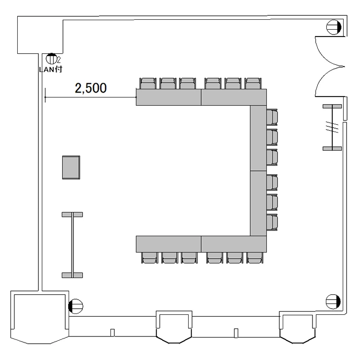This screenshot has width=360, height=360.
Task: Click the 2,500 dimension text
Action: (91, 88)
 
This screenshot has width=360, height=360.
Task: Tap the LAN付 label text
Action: (50, 69)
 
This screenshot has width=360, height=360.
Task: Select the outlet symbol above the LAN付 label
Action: (51, 59)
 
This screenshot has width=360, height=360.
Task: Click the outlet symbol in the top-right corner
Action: (334, 27)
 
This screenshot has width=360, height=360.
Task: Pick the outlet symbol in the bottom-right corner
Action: (333, 302)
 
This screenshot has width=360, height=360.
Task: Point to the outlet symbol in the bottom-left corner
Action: (76, 306)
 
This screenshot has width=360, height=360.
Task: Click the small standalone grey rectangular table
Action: (71, 168)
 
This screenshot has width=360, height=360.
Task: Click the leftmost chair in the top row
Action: (148, 84)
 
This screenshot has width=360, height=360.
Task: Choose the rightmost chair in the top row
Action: (253, 84)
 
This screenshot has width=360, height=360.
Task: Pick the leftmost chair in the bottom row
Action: (150, 258)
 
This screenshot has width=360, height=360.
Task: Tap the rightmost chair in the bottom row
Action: (255, 258)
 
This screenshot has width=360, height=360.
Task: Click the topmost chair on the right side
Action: (272, 117)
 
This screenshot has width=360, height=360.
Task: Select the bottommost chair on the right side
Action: (272, 222)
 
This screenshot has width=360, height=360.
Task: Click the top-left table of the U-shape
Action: (168, 97)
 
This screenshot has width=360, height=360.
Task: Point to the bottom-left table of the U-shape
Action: (168, 244)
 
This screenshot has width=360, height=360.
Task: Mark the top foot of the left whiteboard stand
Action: (72, 215)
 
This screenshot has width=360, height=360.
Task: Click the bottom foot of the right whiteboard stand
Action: (332, 148)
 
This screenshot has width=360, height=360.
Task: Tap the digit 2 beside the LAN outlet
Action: (59, 60)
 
